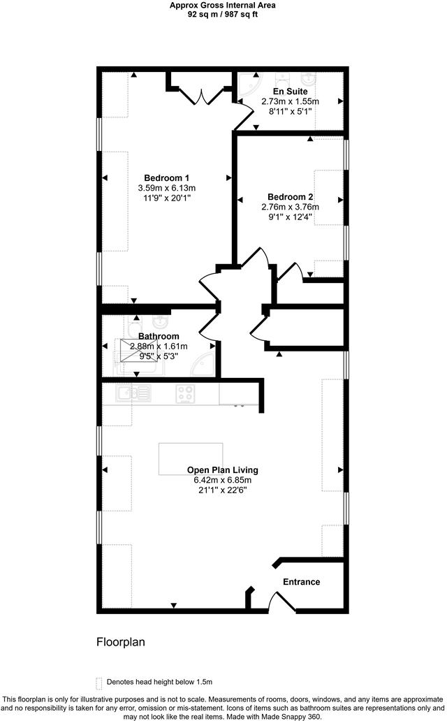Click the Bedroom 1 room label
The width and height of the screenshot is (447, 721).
(x=166, y=177)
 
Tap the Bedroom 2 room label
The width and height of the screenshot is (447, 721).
(x=290, y=197)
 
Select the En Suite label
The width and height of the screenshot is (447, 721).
(x=290, y=92)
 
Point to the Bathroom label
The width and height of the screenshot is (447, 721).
(x=159, y=336)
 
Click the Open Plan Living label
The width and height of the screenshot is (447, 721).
(x=222, y=470)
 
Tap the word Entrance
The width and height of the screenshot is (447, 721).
(x=301, y=582)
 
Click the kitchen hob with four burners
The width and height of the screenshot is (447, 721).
(x=185, y=394)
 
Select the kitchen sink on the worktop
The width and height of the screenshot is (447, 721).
(x=133, y=393)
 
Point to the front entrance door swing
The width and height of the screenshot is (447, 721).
(x=282, y=601)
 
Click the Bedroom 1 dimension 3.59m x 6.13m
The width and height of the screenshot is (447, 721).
(x=166, y=188)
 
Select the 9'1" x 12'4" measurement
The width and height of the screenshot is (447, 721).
(x=290, y=217)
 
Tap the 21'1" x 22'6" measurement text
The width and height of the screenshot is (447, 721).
(x=222, y=490)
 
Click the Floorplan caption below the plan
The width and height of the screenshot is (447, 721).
(x=120, y=641)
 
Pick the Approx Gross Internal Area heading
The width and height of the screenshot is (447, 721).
(x=222, y=5)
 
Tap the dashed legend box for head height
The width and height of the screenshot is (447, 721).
(x=98, y=682)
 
